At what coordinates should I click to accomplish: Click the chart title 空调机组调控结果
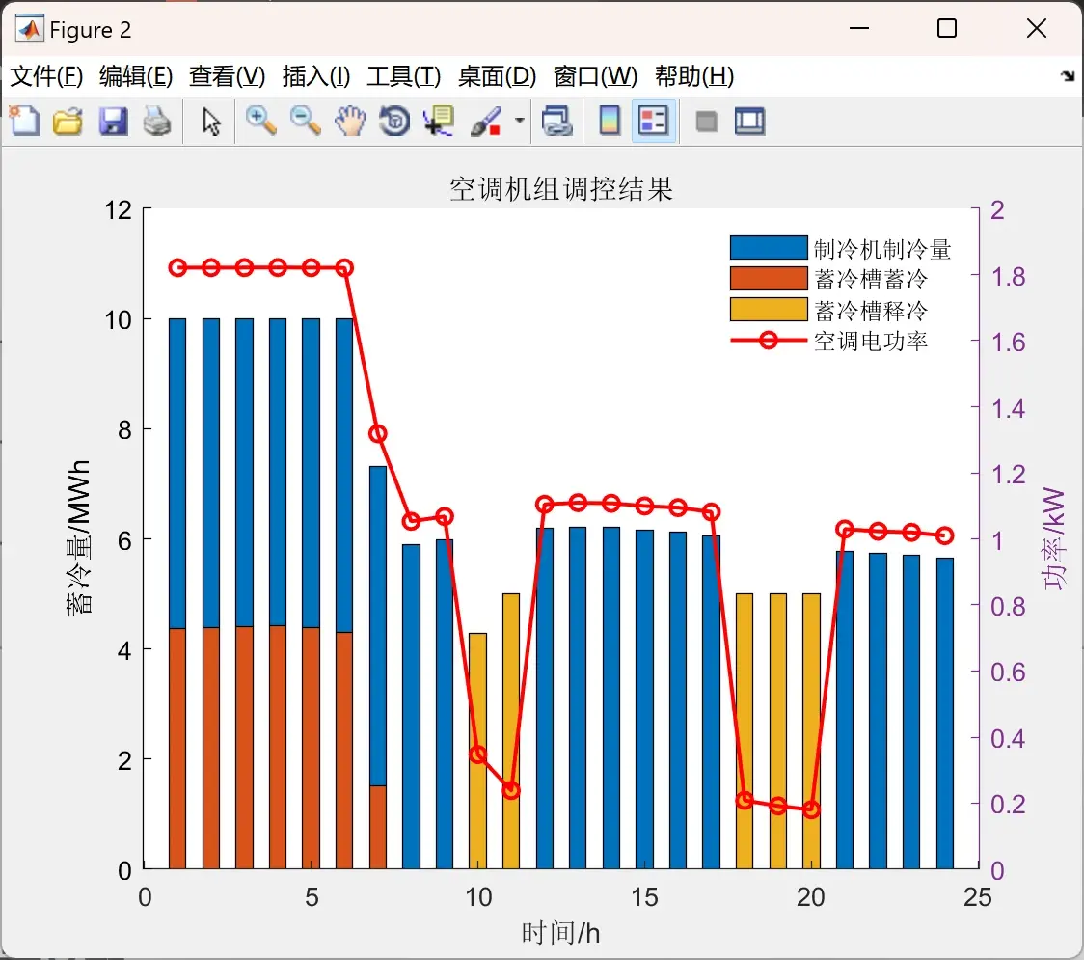[560, 189]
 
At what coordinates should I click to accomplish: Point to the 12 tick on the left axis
[119, 209]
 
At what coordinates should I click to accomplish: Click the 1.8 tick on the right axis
[1008, 277]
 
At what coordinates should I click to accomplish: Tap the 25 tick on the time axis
[978, 897]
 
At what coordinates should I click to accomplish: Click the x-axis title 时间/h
[560, 933]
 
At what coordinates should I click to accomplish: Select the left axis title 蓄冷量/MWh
[78, 537]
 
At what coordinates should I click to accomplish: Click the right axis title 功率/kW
[1053, 538]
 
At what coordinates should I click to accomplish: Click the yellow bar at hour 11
[511, 731]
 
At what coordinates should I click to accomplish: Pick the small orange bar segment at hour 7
[377, 827]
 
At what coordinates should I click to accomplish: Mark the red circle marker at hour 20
[812, 809]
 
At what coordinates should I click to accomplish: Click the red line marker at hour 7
[377, 434]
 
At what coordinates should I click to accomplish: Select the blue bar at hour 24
[945, 713]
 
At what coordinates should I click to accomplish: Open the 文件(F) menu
[46, 76]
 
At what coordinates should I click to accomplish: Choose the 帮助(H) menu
[694, 76]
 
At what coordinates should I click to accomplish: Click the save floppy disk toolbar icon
[113, 121]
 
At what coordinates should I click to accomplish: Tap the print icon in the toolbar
[157, 121]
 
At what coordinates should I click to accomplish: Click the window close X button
[1037, 28]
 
